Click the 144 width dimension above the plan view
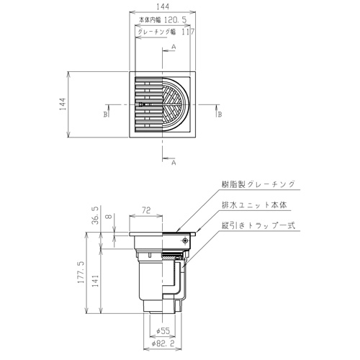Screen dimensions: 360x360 point(163,6)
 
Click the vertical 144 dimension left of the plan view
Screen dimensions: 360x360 point(63,104)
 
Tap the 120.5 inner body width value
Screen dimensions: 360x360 point(176,20)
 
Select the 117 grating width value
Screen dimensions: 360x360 point(188,32)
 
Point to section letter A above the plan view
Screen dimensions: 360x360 point(174,47)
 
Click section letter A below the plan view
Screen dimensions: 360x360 point(174,163)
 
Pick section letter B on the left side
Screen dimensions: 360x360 point(105,114)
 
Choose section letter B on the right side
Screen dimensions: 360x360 point(220,114)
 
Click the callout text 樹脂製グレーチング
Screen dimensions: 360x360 point(258,184)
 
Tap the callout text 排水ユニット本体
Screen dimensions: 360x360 point(254,205)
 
